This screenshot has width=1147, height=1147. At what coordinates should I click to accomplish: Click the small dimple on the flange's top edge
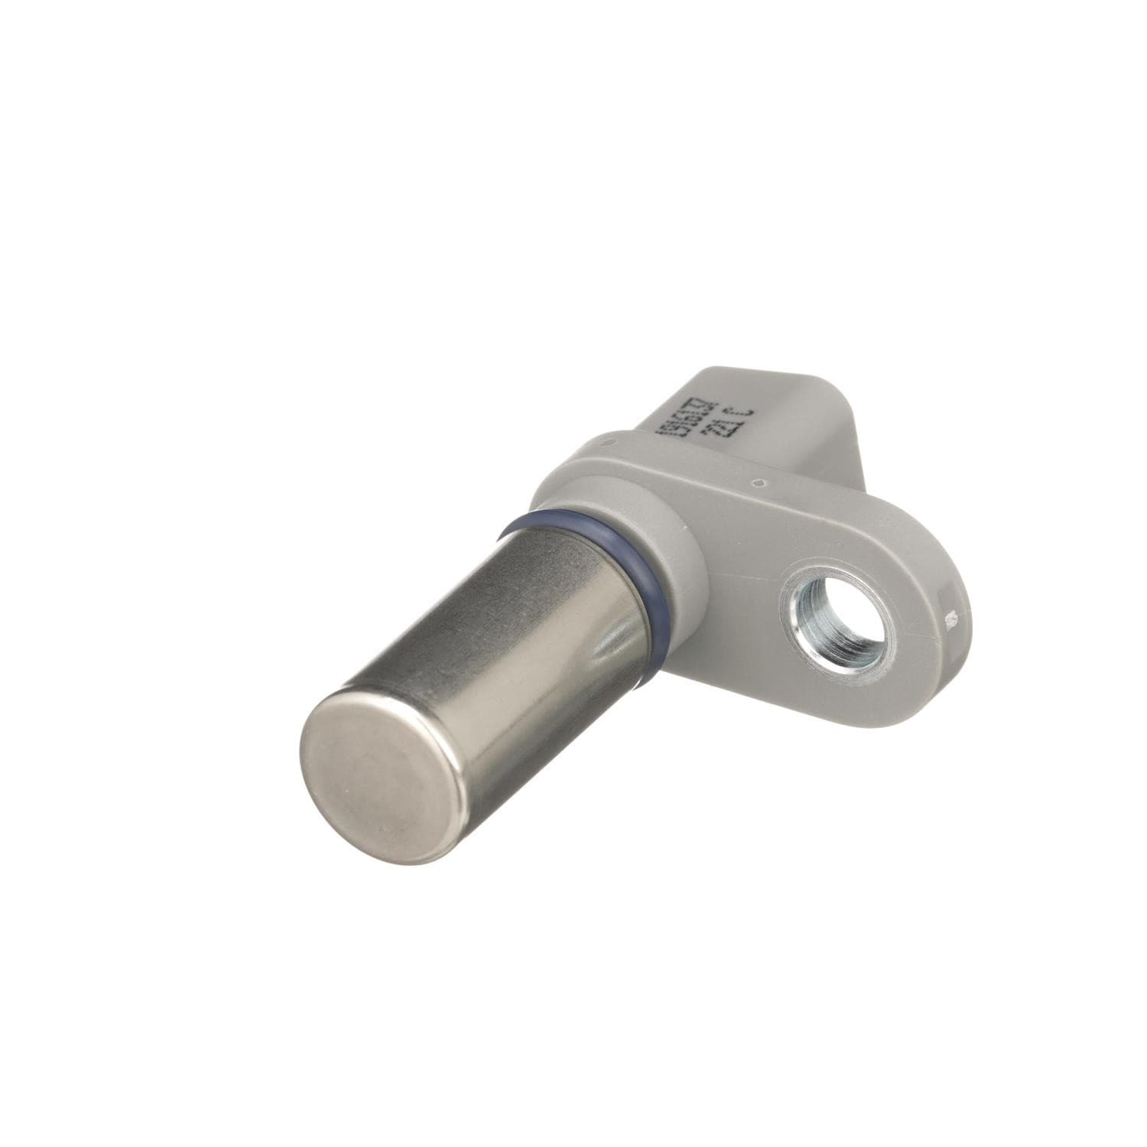pos(755,483)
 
